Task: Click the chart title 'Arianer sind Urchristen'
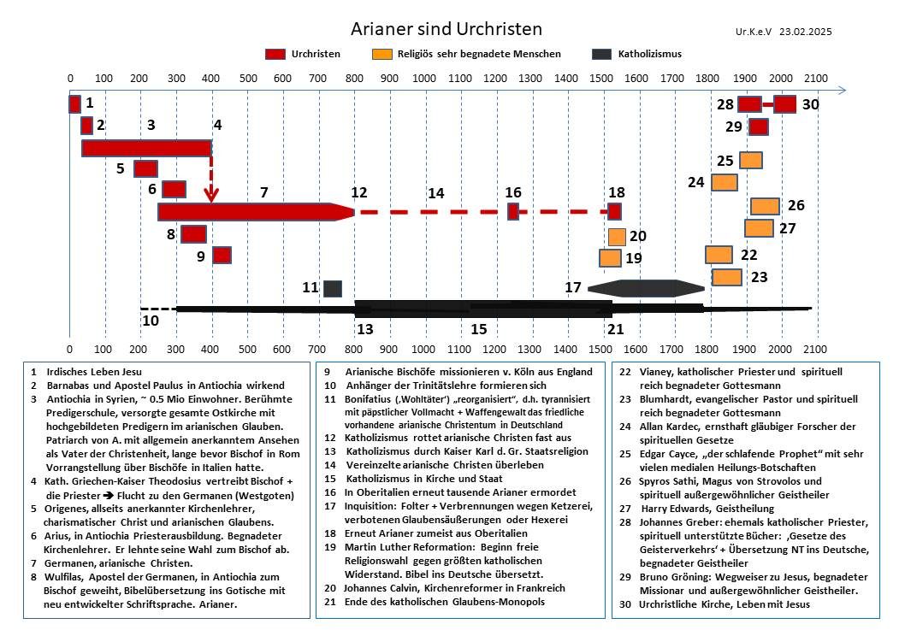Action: click(447, 29)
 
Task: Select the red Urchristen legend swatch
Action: click(275, 54)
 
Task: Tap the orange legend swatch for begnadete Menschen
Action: click(382, 54)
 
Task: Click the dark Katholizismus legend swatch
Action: click(601, 54)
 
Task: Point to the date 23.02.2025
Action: click(805, 32)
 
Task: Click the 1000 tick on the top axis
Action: click(424, 79)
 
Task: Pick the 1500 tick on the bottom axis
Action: click(600, 349)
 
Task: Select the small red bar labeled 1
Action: click(74, 103)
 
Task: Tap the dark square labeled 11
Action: click(333, 288)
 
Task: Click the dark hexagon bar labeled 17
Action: click(647, 288)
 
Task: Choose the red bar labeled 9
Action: click(222, 255)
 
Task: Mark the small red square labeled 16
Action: click(513, 212)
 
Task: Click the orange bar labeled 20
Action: click(617, 237)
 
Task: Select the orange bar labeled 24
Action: click(725, 182)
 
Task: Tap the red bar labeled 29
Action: click(759, 127)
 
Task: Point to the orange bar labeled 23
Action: click(727, 278)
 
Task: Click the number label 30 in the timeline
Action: click(810, 104)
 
